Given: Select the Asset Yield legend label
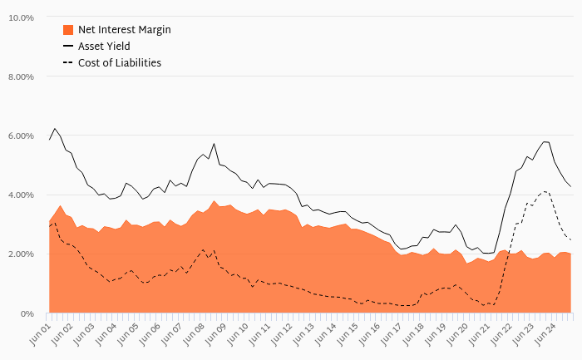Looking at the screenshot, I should pos(104,46).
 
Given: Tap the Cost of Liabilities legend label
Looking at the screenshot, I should pos(120,62).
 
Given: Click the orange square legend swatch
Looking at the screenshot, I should pos(68,29).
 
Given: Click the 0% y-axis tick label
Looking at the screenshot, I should pos(27,313).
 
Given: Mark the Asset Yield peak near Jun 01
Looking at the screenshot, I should pos(55,129).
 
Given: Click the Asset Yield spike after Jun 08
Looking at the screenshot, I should pos(214,144).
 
